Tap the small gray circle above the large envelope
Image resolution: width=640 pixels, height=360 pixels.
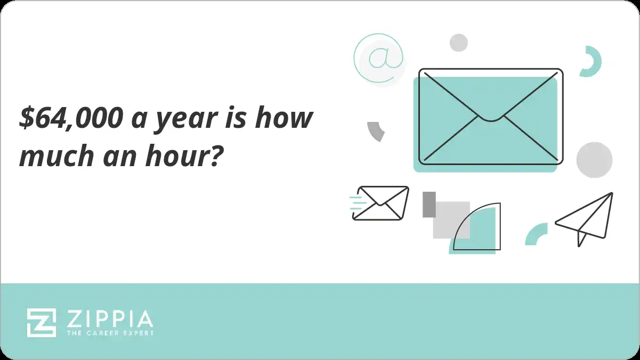tap(458, 43)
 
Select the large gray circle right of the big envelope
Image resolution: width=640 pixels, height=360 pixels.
tap(594, 160)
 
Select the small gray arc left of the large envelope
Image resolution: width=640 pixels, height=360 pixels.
tap(376, 131)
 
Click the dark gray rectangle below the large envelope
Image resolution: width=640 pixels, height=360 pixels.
tap(429, 204)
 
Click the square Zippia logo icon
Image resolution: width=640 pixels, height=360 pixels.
tap(42, 323)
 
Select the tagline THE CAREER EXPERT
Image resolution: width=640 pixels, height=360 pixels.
tap(110, 333)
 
